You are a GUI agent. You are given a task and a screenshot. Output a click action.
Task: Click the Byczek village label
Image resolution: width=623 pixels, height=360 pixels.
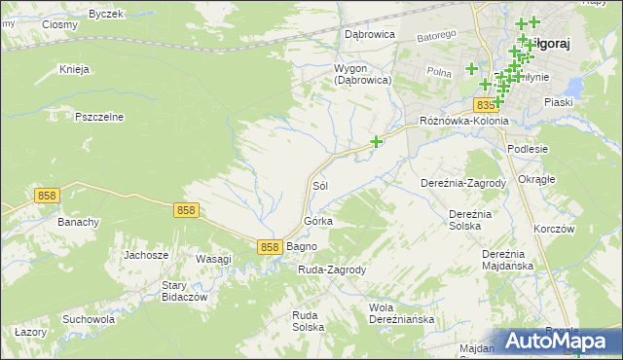tap(106, 15)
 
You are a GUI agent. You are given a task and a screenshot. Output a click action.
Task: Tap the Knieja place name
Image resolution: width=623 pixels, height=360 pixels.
tap(74, 70)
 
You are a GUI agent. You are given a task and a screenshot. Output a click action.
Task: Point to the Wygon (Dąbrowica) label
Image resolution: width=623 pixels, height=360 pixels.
tap(362, 75)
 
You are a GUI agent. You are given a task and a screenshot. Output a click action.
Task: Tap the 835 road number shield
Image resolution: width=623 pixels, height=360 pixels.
tap(486, 104)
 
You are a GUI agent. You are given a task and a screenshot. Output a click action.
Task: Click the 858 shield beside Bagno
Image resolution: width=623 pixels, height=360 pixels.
tap(272, 247)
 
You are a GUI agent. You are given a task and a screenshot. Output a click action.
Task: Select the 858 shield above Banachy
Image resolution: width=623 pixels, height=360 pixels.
tap(47, 196)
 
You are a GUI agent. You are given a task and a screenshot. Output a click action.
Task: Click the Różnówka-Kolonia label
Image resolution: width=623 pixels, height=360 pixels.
tap(463, 121)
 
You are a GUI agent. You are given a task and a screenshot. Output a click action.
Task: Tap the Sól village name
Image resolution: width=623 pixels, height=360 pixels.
tap(319, 185)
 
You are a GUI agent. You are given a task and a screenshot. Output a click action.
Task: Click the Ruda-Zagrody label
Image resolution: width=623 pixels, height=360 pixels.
tap(331, 270)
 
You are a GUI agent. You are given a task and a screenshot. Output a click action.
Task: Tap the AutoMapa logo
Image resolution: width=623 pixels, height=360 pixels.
tap(559, 341)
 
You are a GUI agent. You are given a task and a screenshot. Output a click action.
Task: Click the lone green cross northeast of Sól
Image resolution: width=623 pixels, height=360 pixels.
tap(376, 142)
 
